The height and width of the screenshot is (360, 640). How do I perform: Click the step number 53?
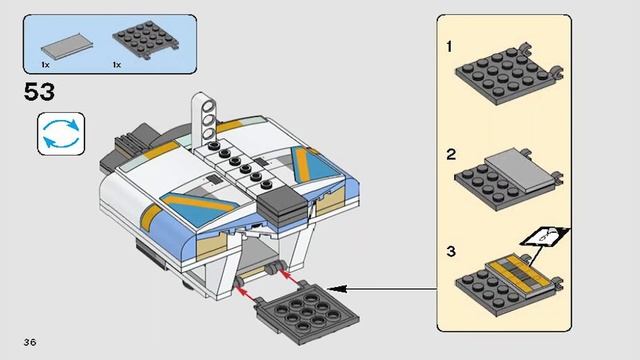coord(39,92)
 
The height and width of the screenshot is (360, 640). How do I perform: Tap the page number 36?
coord(30,342)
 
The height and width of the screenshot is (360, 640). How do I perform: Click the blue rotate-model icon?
coord(61,134)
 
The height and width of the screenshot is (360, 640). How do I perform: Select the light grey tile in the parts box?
coord(67,46)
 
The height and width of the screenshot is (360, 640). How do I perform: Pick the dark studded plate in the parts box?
coord(145,40)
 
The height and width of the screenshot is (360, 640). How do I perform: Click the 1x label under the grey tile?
coord(45,65)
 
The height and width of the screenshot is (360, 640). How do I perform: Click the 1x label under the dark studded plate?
coord(117,65)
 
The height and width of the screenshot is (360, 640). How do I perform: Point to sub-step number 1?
coord(449,47)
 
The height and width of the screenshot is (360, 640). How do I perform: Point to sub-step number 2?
coord(451,155)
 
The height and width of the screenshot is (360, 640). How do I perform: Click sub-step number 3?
coord(451,251)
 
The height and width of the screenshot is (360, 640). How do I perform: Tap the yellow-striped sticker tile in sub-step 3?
coord(519,272)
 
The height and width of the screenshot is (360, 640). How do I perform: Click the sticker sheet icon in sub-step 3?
coord(544,236)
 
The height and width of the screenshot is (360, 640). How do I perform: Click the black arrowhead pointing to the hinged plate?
coord(337,289)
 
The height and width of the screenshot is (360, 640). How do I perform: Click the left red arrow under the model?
coord(248,293)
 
